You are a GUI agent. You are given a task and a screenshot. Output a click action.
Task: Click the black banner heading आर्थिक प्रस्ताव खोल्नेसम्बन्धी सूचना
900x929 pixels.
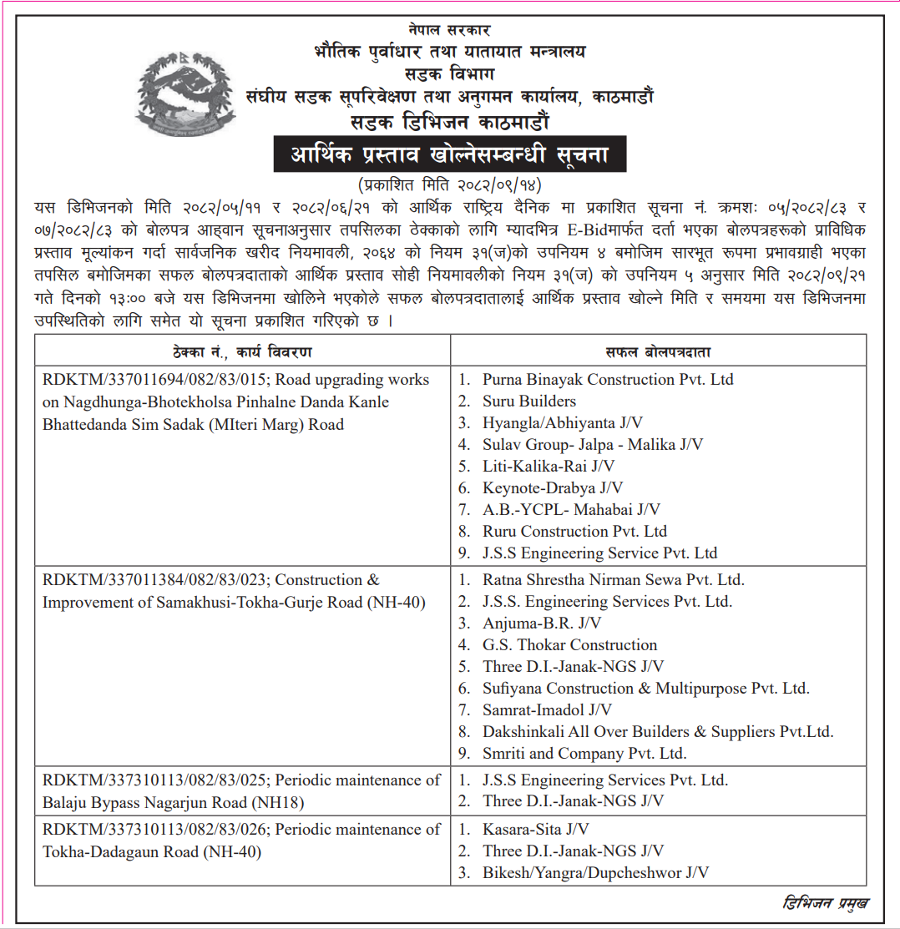[x=449, y=155]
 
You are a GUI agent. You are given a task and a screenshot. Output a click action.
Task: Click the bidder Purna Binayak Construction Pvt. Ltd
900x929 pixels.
[x=608, y=380]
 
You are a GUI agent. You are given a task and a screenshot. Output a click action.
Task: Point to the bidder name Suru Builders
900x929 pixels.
[x=529, y=401]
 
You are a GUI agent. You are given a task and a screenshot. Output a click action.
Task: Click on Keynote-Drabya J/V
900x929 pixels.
[x=553, y=488]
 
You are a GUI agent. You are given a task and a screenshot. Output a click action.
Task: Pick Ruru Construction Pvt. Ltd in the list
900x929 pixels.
[x=574, y=532]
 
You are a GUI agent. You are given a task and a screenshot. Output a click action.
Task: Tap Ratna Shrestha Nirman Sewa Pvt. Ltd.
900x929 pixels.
[x=613, y=580]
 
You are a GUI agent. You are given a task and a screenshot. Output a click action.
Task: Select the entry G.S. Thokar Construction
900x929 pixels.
[x=569, y=645]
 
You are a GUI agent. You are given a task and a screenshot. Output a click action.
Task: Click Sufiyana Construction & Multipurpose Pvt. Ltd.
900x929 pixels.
[x=645, y=689]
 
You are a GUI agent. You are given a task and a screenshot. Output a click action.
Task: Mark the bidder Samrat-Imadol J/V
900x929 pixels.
[x=547, y=710]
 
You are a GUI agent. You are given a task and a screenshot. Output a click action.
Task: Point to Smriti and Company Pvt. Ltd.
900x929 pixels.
[x=584, y=754]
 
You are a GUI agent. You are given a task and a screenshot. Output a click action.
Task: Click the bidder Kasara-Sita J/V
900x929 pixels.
[x=536, y=830]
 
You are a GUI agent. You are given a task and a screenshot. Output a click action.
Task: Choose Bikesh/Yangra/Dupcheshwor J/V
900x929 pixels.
[x=596, y=873]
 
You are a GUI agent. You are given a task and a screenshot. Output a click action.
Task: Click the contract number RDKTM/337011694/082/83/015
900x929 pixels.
[x=154, y=380]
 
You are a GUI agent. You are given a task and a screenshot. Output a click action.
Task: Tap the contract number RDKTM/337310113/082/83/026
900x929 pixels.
[x=154, y=830]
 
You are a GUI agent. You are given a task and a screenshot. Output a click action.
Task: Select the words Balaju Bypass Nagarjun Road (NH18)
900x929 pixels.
[x=173, y=803]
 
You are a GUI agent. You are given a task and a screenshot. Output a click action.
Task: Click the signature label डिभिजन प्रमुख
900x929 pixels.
[x=826, y=903]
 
